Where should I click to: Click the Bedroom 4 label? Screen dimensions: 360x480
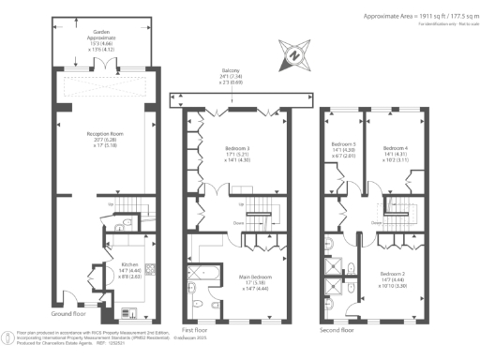395,147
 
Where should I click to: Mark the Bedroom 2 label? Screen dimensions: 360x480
394,268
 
